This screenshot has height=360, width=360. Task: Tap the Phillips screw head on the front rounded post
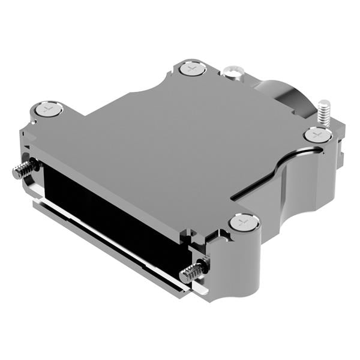pos(244,224)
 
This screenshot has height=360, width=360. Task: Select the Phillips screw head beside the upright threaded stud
pos(316,136)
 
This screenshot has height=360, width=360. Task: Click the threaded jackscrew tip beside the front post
pos(191,273)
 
